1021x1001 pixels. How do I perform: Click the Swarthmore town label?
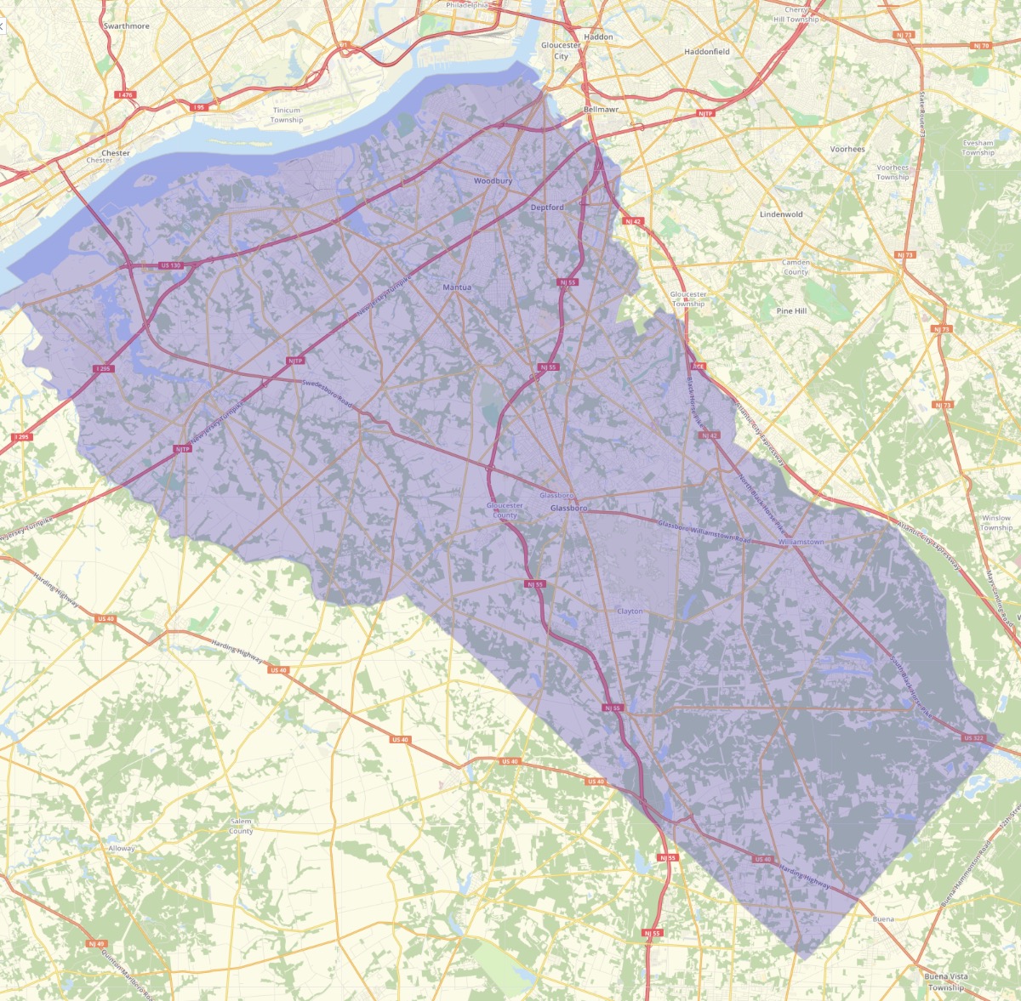coord(126,26)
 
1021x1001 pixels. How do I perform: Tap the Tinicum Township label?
coord(286,115)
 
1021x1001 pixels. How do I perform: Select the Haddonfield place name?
coord(707,52)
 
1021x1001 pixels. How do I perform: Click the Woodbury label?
coord(493,181)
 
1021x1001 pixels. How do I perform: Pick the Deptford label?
coord(547,208)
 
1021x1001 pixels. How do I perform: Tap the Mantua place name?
coord(457,287)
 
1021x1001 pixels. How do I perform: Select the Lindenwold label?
coord(781,214)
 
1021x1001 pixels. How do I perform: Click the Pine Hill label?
coord(791,311)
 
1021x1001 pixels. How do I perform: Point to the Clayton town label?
coord(630,611)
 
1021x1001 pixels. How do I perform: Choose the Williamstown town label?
coord(801,542)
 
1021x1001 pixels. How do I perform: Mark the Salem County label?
coord(241,826)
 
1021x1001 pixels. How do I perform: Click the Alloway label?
coord(121,848)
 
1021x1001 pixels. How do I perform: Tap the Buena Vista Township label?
coord(946,982)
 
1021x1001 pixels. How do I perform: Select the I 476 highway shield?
coord(126,95)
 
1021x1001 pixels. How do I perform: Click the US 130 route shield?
coord(170,265)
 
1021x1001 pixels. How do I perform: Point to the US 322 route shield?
coord(973,738)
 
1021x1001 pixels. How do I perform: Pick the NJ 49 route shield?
coord(96,943)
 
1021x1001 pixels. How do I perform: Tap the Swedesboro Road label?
coord(328,395)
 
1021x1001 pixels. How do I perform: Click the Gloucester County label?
coord(505,510)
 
